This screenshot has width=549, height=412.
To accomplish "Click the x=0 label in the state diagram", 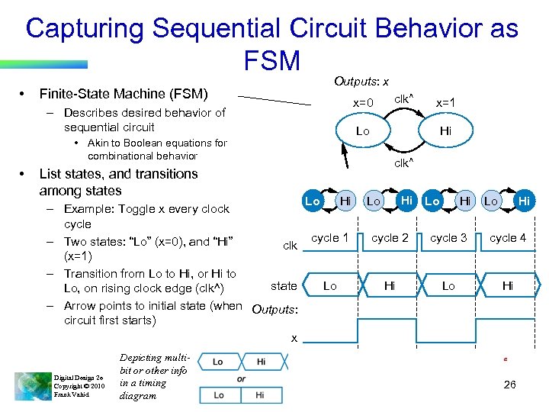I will pyautogui.click(x=363, y=103).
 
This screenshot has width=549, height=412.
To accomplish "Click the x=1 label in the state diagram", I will pyautogui.click(x=446, y=103).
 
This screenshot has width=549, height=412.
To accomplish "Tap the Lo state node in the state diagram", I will pyautogui.click(x=363, y=131).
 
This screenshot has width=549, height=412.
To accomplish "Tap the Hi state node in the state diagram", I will pyautogui.click(x=445, y=131).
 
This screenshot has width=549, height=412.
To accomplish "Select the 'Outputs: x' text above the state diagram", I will pyautogui.click(x=361, y=82).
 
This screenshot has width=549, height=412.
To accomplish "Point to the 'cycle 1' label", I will pyautogui.click(x=329, y=238).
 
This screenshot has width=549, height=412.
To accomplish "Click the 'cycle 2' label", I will pyautogui.click(x=390, y=238).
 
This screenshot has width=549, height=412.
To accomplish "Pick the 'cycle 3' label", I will pyautogui.click(x=448, y=238).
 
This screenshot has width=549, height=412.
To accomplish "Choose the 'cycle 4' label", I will pyautogui.click(x=508, y=238).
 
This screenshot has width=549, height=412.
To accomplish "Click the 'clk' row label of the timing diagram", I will pyautogui.click(x=290, y=246).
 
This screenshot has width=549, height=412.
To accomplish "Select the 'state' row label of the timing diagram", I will pyautogui.click(x=284, y=286).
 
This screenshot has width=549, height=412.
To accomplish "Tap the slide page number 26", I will pyautogui.click(x=510, y=385).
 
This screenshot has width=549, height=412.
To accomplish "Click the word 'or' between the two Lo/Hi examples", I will pyautogui.click(x=241, y=379).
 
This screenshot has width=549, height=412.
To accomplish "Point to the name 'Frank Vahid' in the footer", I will pyautogui.click(x=69, y=395).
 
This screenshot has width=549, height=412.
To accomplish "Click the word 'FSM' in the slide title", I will pyautogui.click(x=273, y=60).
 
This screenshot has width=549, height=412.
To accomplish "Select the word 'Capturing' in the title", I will pyautogui.click(x=84, y=29).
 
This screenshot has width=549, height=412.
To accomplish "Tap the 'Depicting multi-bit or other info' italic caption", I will pyautogui.click(x=153, y=377).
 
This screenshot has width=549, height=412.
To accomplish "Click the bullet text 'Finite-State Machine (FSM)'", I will pyautogui.click(x=124, y=94).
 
